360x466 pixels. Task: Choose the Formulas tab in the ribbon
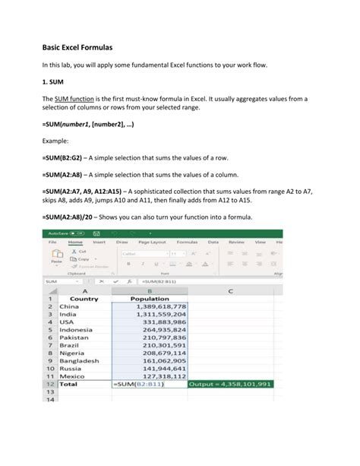(x=187, y=242)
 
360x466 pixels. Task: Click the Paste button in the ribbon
(x=55, y=258)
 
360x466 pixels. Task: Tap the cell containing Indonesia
(x=74, y=330)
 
